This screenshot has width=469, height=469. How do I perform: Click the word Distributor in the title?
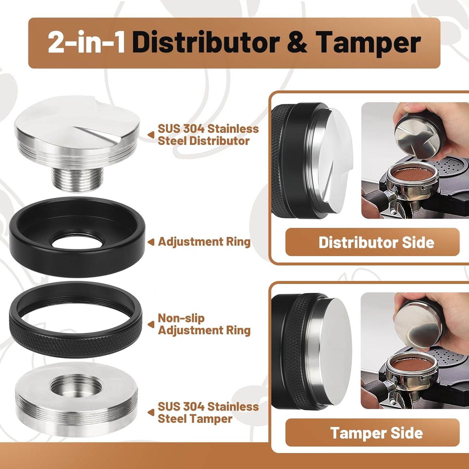click(x=206, y=43)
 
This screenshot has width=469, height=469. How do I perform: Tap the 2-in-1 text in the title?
click(x=87, y=43)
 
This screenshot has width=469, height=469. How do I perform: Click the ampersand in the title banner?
click(x=297, y=43)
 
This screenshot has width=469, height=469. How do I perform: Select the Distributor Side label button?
click(x=372, y=242)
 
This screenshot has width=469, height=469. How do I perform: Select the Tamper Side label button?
click(x=372, y=433)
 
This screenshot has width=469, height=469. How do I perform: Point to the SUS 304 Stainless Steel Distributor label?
click(x=208, y=135)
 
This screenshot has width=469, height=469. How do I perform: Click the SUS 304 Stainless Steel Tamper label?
click(x=208, y=413)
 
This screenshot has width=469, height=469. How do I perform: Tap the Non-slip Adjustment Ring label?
click(x=204, y=324)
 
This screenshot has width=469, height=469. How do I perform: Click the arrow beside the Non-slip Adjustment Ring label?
click(x=151, y=324)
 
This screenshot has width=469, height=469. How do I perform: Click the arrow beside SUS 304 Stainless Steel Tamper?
click(x=151, y=413)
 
